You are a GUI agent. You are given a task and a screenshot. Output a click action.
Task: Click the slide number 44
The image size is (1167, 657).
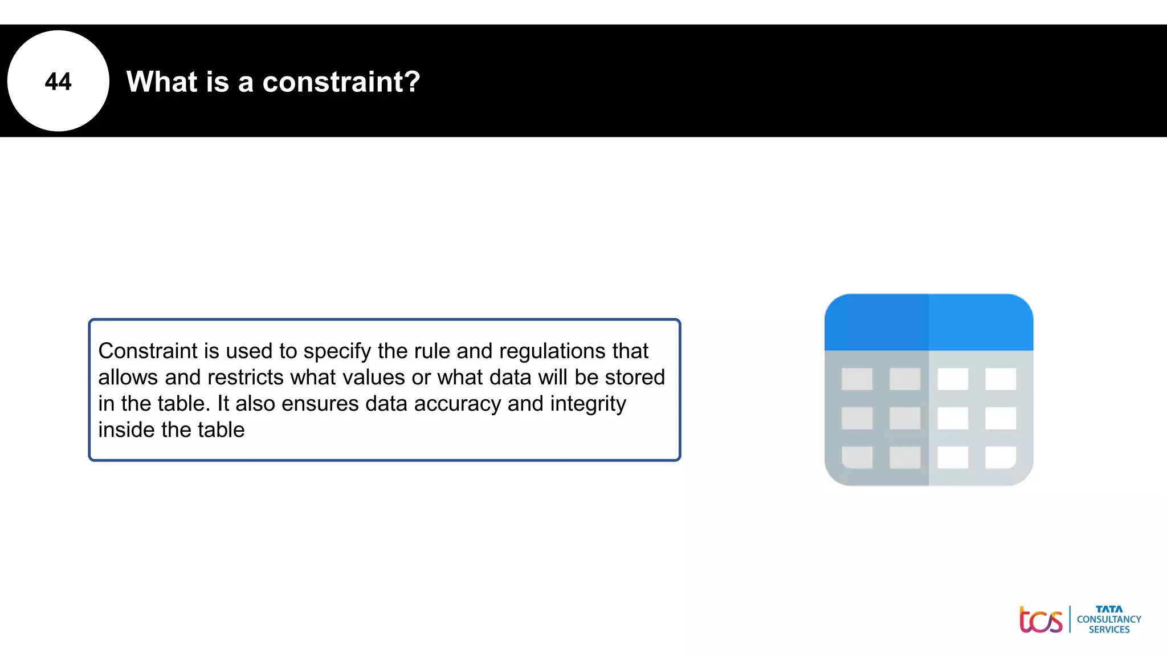pos(58,82)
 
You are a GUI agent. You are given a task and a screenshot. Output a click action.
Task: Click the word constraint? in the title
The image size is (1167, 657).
pos(341,82)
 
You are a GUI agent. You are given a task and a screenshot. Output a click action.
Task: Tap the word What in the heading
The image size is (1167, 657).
pos(161,82)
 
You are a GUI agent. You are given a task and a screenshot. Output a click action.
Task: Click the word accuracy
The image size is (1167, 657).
pos(458,403)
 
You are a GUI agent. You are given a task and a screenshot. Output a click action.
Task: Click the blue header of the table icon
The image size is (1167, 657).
pos(928,322)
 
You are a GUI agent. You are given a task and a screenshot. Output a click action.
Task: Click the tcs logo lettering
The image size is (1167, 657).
pos(1040,620)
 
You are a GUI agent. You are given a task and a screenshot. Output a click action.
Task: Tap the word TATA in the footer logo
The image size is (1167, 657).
pos(1109,609)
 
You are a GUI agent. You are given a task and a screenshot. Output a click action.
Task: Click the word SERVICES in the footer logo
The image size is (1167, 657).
pos(1109,630)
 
